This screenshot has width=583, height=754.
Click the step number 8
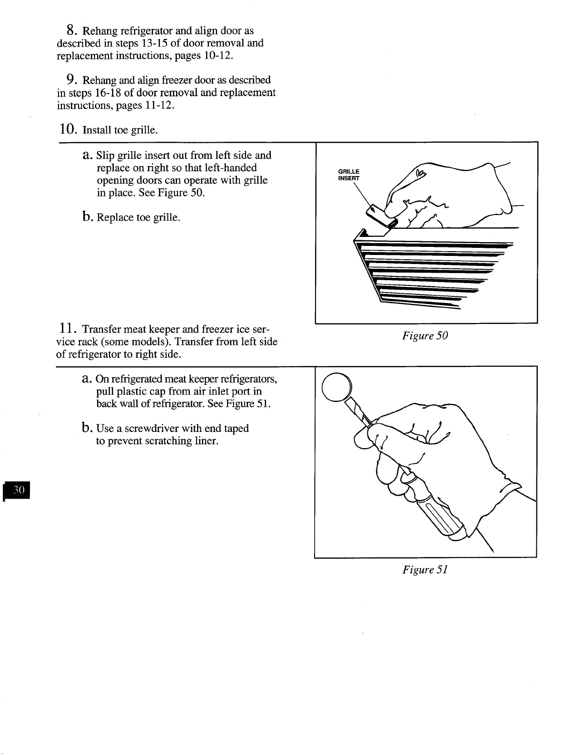click(71, 30)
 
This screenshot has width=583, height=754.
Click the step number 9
click(71, 80)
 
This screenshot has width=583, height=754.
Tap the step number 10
click(68, 129)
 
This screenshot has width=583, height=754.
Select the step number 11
click(67, 328)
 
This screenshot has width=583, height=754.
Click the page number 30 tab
click(16, 490)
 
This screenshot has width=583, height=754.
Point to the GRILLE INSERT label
click(349, 175)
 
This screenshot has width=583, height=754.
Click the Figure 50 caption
click(425, 335)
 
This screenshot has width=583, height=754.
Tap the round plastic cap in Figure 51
click(336, 387)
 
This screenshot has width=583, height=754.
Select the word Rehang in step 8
click(100, 31)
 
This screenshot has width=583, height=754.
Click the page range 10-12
click(217, 56)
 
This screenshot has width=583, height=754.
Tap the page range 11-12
click(159, 105)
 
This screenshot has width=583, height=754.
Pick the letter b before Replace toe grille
click(87, 216)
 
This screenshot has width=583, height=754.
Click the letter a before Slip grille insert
click(87, 155)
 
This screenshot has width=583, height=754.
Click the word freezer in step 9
click(177, 80)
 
